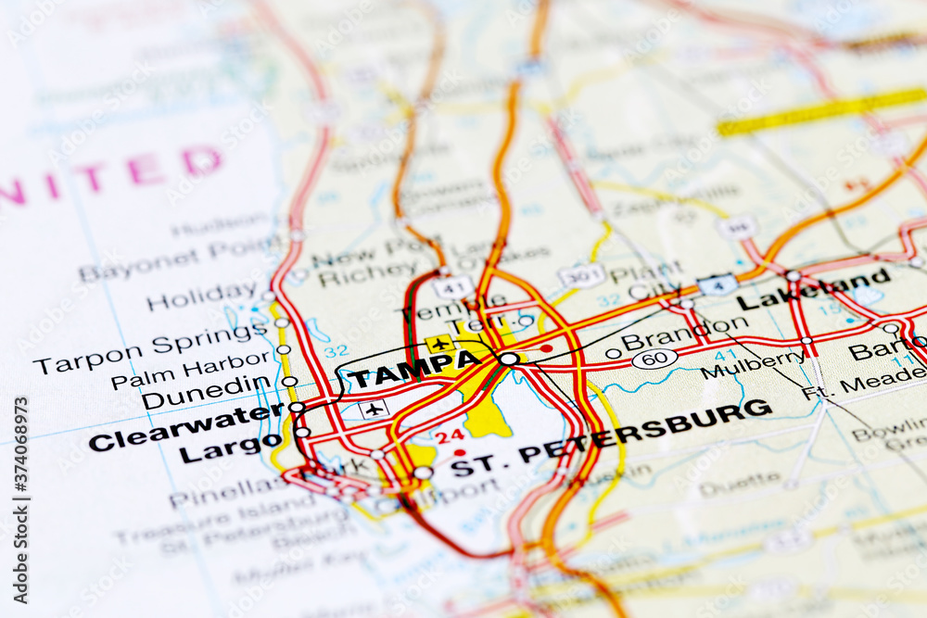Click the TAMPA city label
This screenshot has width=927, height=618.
point(413,370)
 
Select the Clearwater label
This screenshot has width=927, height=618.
point(186,428)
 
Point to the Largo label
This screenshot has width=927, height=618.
point(230,448)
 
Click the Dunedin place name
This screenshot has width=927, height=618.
point(206,393)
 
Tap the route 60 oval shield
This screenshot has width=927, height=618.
point(654,359)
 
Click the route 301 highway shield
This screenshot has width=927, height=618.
point(581,275)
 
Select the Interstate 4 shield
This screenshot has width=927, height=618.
point(717,284)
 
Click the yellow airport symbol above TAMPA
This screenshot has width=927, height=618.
point(439,344)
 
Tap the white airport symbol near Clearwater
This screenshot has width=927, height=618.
point(374,409)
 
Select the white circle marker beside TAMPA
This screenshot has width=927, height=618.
point(509,359)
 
